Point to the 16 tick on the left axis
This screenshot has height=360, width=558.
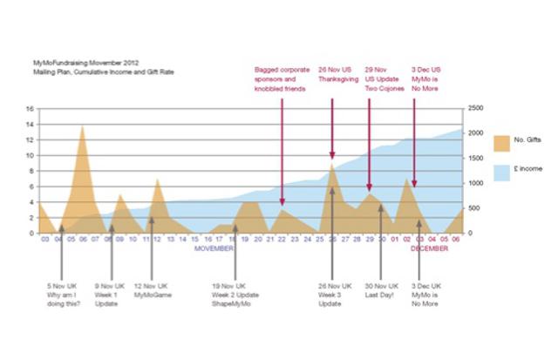[29, 109]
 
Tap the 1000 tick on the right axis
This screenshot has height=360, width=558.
[474, 184]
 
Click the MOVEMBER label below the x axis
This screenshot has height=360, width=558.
[214, 248]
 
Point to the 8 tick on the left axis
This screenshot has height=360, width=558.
[31, 171]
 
